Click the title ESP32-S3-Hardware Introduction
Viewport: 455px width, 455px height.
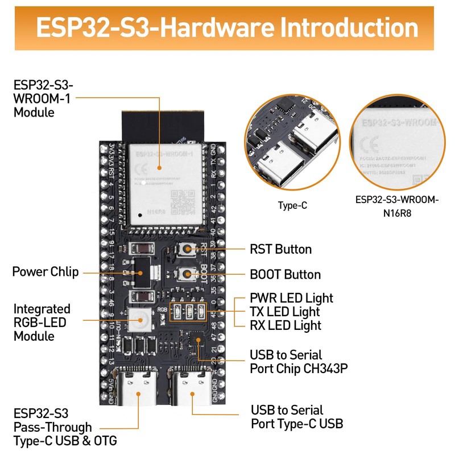[227, 27]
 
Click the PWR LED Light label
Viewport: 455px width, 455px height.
[291, 298]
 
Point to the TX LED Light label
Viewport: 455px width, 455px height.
[284, 312]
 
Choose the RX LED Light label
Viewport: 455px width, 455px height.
[286, 325]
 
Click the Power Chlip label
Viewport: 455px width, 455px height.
[45, 271]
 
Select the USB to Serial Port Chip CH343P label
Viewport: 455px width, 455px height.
[299, 362]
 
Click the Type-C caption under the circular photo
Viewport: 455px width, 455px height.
[292, 205]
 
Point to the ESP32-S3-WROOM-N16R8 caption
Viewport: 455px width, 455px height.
[397, 205]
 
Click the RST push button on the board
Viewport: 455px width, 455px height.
[186, 250]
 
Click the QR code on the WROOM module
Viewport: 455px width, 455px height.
[184, 201]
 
